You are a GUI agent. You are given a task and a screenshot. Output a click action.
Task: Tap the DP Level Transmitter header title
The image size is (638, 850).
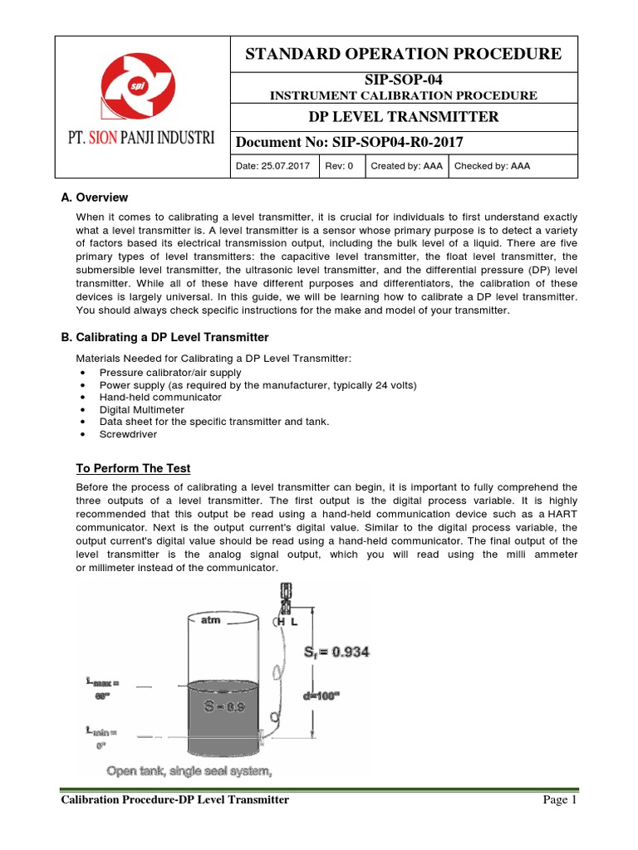tap(404, 116)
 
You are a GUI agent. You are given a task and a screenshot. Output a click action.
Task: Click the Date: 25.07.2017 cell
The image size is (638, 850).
tap(273, 166)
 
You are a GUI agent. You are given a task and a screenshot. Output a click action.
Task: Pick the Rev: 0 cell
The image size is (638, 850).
tap(339, 166)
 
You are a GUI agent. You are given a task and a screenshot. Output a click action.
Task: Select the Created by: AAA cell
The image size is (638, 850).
tap(406, 166)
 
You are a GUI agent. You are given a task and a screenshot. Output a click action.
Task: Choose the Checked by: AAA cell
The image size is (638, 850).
tap(491, 166)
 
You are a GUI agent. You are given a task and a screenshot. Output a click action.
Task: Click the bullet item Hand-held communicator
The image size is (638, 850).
tap(149, 398)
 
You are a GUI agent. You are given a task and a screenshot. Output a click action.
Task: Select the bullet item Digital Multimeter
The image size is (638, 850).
tap(141, 409)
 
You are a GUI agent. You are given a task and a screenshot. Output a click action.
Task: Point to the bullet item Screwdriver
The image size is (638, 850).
tap(128, 433)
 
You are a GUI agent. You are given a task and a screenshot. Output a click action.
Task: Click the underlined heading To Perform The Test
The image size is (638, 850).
tap(133, 468)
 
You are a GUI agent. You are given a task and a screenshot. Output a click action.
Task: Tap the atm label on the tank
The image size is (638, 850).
tap(210, 620)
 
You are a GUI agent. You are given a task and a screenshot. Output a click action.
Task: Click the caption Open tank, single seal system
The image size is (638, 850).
tap(189, 771)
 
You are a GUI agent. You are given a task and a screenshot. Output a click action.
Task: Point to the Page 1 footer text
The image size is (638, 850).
tap(558, 800)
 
